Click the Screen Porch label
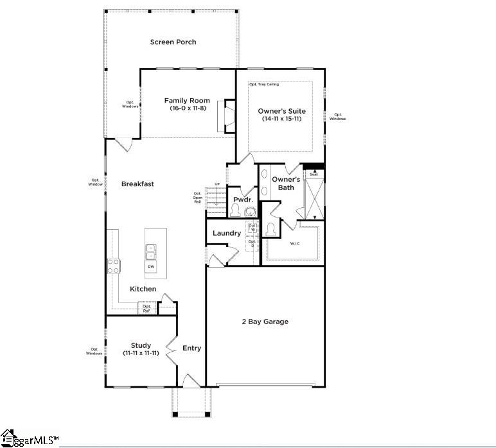tap(173, 42)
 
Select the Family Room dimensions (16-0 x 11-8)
tap(187, 108)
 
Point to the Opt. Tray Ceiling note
tap(264, 85)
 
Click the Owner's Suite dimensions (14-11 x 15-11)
tap(281, 119)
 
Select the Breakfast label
tap(137, 184)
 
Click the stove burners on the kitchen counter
tap(113, 265)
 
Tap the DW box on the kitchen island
tap(151, 266)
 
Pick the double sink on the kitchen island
tap(151, 249)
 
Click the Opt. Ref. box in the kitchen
tap(147, 309)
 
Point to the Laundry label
tap(227, 233)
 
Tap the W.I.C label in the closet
tap(295, 243)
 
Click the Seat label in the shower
tap(314, 174)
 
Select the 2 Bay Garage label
tap(265, 322)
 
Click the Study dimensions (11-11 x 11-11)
tap(141, 353)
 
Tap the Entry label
tap(191, 349)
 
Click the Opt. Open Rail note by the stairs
tap(197, 198)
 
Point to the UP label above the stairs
tap(217, 185)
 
